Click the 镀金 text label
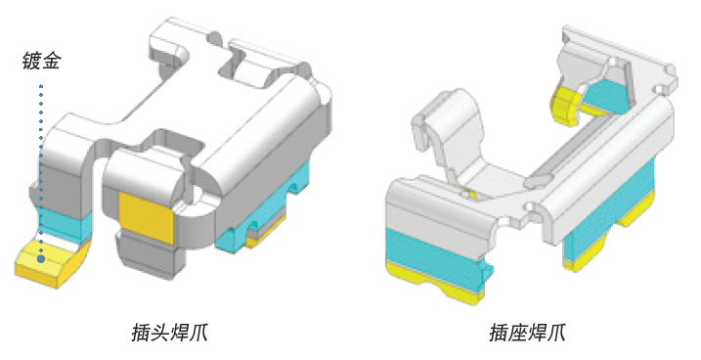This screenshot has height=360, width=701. (41, 62)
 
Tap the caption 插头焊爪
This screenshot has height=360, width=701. (169, 334)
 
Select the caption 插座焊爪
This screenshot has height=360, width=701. (528, 334)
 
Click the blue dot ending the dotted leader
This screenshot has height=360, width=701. (41, 259)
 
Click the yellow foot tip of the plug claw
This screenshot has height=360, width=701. (52, 264)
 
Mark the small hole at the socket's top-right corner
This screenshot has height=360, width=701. (670, 68)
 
